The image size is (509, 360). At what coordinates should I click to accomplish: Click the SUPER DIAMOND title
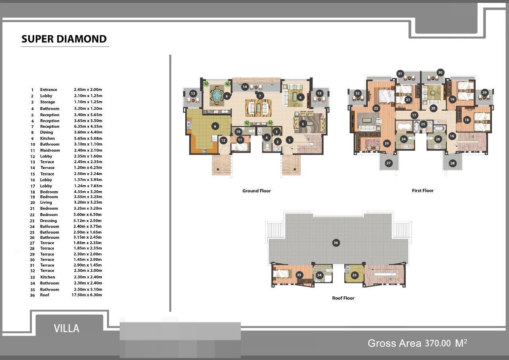[64, 39]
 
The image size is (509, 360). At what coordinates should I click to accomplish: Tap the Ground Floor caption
[256, 191]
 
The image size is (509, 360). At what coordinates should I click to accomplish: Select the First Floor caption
[423, 191]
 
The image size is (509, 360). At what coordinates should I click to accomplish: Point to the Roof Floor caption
[343, 298]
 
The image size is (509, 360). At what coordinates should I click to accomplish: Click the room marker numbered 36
[336, 243]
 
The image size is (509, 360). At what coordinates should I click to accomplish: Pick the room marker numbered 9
[215, 126]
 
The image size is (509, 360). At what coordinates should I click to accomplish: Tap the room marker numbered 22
[376, 109]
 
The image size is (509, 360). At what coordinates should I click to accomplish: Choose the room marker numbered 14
[245, 87]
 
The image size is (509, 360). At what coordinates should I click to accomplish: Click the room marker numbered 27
[389, 163]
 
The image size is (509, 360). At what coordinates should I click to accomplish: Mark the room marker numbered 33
[354, 275]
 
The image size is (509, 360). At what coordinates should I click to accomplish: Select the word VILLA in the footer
[66, 329]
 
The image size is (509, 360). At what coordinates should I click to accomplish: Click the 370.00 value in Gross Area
[438, 343]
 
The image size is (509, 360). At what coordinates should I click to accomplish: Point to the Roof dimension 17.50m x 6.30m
[87, 295]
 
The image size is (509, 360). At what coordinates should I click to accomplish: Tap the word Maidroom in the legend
[50, 150]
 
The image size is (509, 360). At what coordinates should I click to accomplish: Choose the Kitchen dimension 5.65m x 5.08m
[88, 138]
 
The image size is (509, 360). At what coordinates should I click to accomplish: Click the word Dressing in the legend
[49, 221]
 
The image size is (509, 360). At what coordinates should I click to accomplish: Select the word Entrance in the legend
[49, 90]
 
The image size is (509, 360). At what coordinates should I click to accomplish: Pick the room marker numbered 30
[440, 72]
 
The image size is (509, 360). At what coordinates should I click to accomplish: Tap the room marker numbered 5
[303, 124]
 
